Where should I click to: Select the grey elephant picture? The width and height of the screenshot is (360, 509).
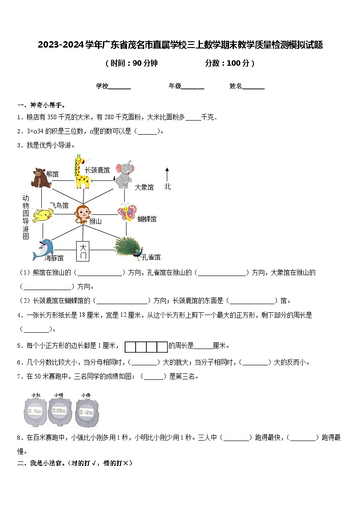124,174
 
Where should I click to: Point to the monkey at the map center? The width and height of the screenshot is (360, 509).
83,214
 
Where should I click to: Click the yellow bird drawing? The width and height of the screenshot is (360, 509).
43,215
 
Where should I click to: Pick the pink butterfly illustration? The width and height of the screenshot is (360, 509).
127,213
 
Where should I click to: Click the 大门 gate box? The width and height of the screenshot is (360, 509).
83,251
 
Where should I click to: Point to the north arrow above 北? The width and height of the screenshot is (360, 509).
167,174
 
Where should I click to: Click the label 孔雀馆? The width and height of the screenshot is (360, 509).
151,257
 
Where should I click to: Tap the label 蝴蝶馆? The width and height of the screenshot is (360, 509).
147,219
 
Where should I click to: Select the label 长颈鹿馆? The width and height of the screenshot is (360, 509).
97,170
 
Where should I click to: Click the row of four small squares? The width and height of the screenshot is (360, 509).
146,347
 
